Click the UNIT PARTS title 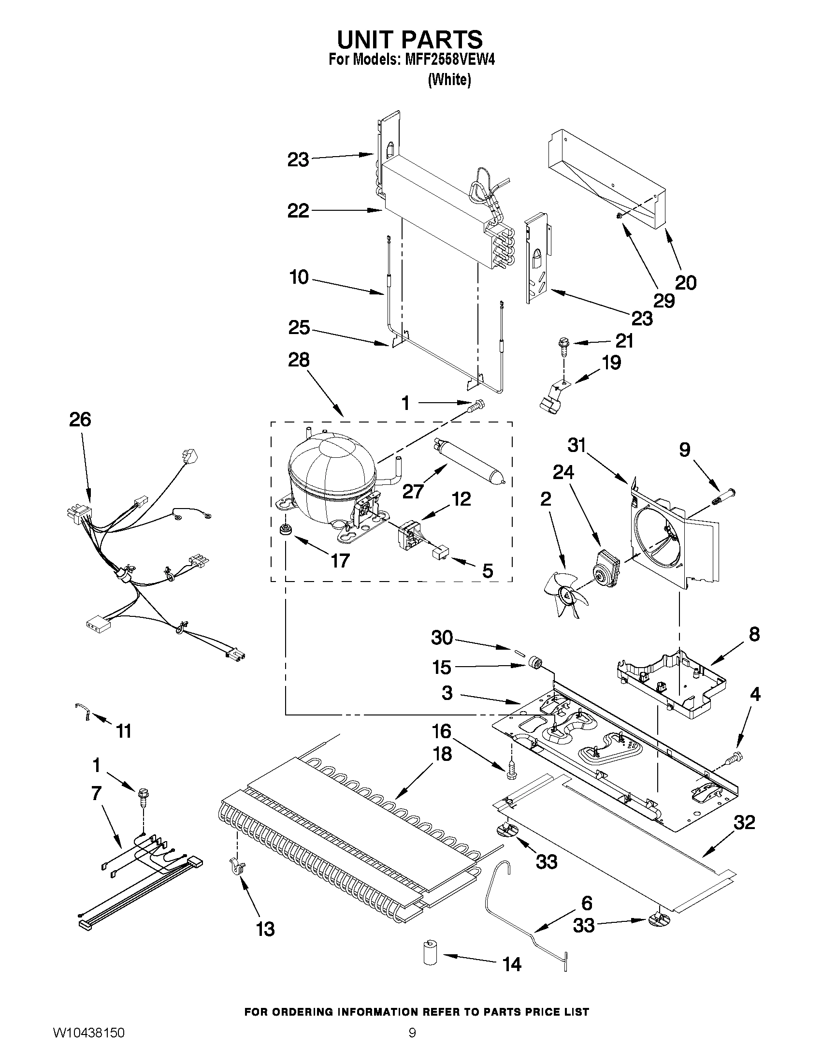[409, 39]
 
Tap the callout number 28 [298, 360]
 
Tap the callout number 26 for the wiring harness [80, 420]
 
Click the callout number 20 [686, 283]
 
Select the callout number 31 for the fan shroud [577, 445]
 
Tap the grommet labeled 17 [284, 529]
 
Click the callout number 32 [744, 822]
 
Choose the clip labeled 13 [237, 866]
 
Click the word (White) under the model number [449, 80]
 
